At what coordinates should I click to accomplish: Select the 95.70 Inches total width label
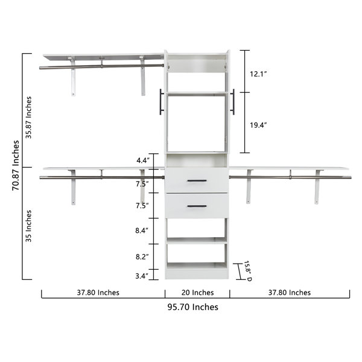192,307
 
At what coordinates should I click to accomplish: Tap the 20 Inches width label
197,293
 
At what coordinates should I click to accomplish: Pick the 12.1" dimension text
258,74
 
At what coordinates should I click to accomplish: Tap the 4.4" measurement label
142,160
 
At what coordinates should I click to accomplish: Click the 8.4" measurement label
142,230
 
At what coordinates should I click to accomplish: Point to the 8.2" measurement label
142,256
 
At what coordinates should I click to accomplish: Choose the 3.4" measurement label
142,276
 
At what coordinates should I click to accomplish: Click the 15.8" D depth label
247,270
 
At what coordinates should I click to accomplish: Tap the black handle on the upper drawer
197,180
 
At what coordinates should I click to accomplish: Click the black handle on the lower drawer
197,206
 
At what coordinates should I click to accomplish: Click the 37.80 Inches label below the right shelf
288,293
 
